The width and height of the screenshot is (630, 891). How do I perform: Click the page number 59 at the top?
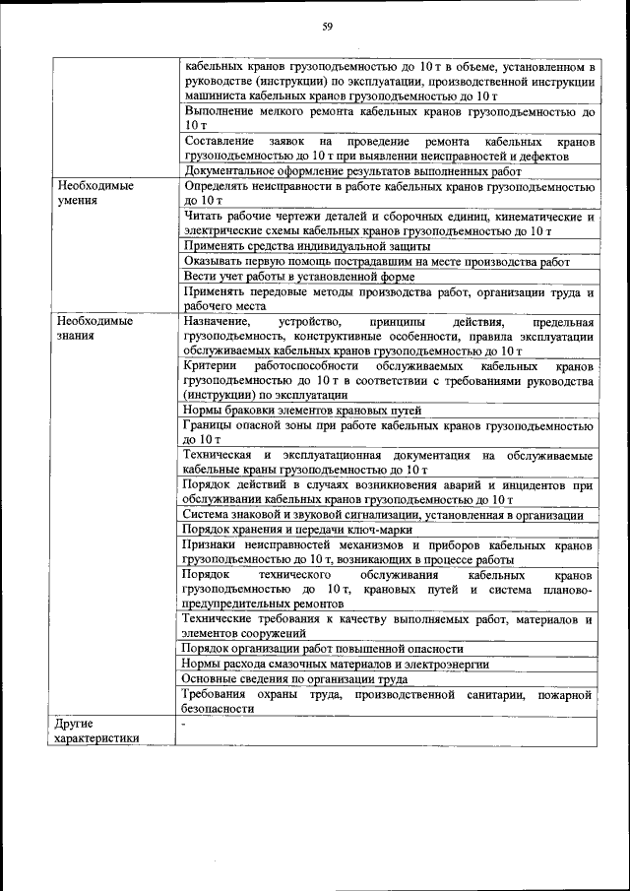tap(327, 27)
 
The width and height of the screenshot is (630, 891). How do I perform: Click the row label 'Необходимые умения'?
tap(94, 192)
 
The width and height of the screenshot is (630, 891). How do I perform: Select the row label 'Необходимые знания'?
tap(94, 329)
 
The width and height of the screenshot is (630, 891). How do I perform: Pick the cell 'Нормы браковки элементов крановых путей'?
tap(302, 411)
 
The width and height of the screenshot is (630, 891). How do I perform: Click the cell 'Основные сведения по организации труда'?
tap(296, 678)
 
